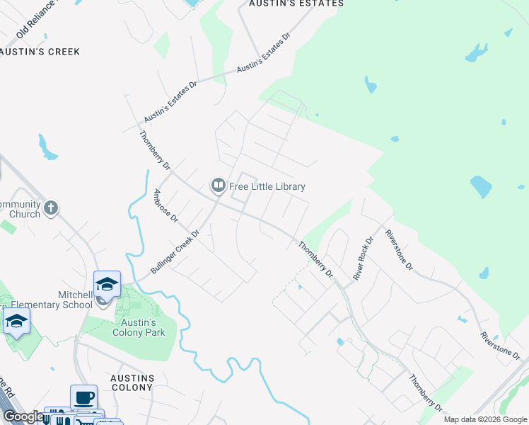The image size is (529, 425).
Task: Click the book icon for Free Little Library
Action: click(218, 186)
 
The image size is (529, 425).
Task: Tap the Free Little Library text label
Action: click(267, 187)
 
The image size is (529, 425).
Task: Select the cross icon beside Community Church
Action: click(50, 208)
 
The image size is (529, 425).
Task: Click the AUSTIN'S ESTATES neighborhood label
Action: click(296, 4)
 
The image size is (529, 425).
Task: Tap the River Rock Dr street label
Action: click(363, 258)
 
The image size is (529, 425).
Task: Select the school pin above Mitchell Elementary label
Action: click(107, 285)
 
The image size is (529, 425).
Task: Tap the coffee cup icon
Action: click(83, 397)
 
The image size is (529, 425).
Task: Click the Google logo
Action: click(23, 417)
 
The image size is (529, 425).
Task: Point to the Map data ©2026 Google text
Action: click(485, 419)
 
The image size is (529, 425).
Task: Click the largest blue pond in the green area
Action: click(480, 187)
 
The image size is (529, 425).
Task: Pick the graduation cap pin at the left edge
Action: click(16, 322)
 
